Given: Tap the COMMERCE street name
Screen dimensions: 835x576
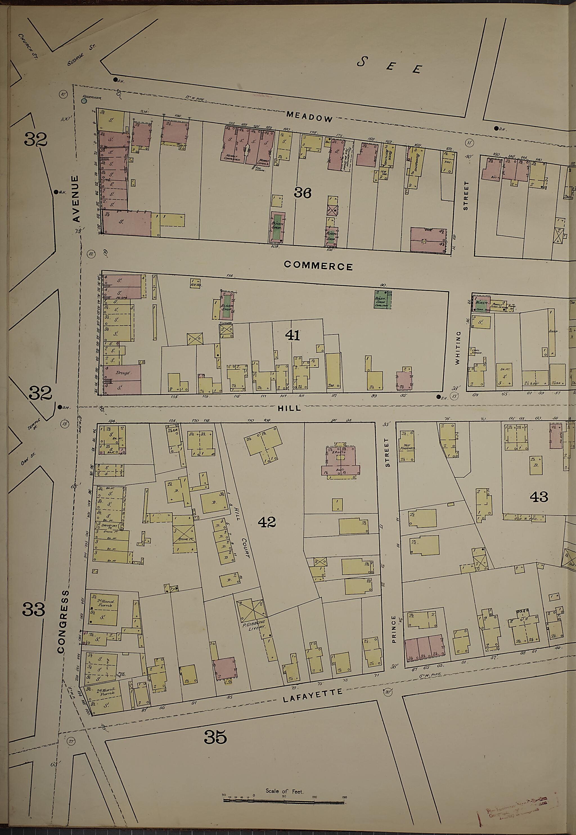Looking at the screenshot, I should [x=318, y=266].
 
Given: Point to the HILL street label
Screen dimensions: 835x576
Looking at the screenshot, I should [x=289, y=408].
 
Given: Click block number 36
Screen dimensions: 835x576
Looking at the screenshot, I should [x=302, y=194].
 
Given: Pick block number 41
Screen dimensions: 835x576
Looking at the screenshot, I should [x=292, y=336].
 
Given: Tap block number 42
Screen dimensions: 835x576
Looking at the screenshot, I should [x=267, y=522].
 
